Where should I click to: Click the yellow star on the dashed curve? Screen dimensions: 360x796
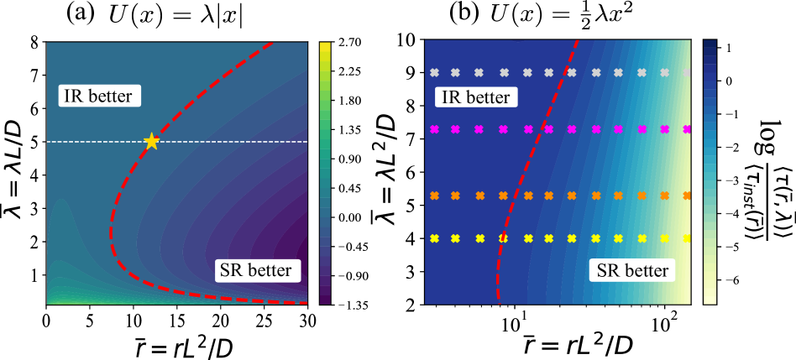151,141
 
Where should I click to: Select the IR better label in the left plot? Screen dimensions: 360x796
99,97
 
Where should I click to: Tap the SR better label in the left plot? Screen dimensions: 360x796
256,270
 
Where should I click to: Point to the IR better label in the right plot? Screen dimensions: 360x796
475,97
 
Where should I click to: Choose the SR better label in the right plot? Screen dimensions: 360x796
633,270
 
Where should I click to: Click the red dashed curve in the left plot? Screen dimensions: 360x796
112,227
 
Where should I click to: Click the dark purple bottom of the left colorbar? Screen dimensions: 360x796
325,299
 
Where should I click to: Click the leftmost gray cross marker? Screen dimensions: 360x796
434,72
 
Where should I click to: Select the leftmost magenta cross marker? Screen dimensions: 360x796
434,130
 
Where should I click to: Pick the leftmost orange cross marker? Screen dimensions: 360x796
434,196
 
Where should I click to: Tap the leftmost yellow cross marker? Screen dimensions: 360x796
434,238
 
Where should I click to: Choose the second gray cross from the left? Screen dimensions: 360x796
455,72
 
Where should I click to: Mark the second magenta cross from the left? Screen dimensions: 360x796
455,130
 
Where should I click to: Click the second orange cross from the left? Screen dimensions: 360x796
455,196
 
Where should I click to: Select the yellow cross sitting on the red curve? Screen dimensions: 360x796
504,238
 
